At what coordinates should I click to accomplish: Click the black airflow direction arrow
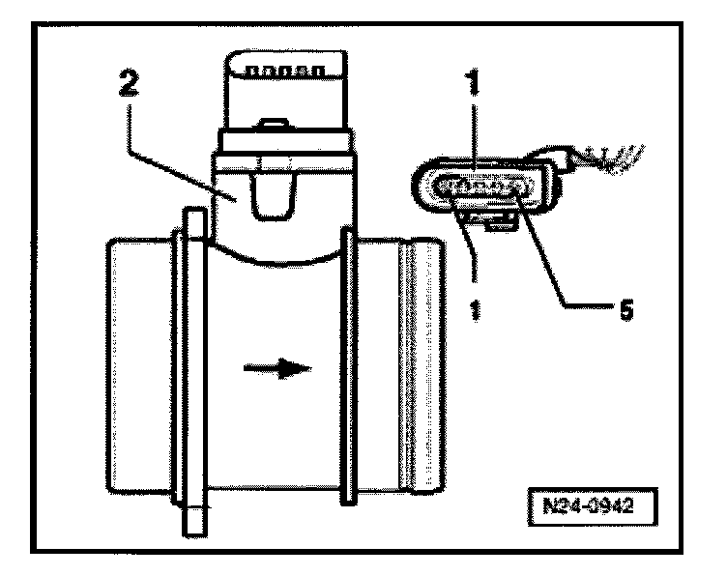coord(281,368)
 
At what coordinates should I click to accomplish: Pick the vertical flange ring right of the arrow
coord(346,367)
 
